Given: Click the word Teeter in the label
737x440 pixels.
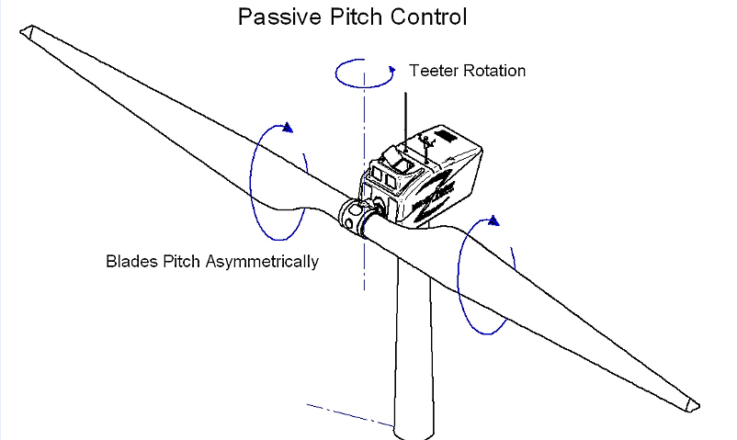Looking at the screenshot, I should click(x=431, y=71).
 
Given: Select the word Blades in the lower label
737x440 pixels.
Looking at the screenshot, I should click(x=129, y=261).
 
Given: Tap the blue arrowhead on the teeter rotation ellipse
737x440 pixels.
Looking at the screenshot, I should click(x=392, y=68).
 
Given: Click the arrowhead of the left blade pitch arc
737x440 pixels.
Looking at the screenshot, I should click(x=290, y=128).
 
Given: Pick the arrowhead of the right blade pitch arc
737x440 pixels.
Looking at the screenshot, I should click(x=493, y=220).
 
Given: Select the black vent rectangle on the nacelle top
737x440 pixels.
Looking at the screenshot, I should click(x=448, y=136).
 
